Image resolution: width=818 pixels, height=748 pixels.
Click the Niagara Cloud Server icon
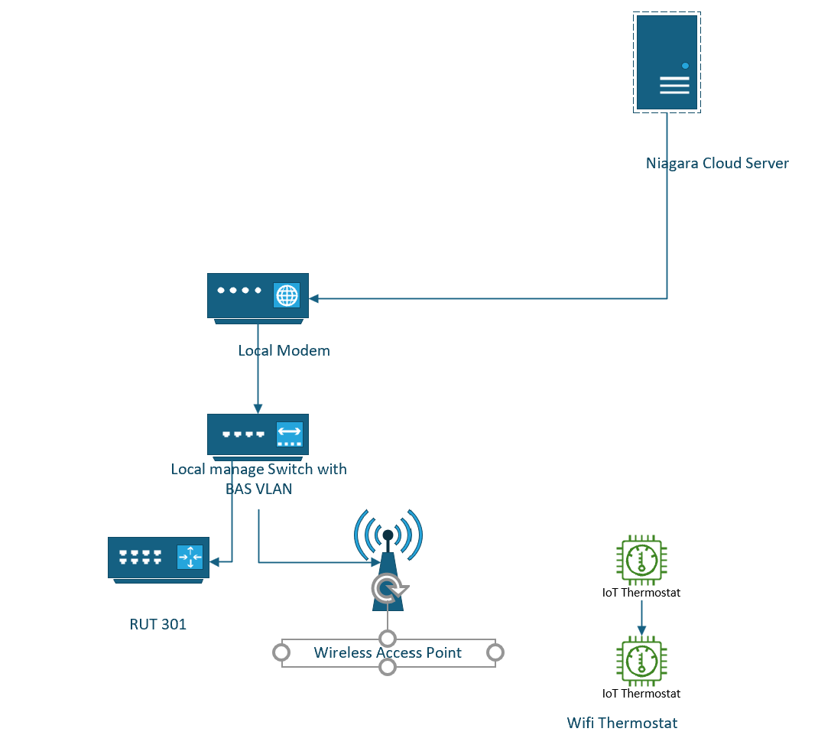click(x=667, y=63)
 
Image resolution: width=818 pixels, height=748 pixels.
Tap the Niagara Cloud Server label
click(x=717, y=163)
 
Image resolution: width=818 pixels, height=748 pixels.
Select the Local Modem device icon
click(x=258, y=297)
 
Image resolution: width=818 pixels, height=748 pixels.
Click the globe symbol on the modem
click(x=287, y=294)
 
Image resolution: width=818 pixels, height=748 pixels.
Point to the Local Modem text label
click(x=284, y=351)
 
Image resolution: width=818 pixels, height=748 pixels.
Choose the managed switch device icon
click(x=258, y=434)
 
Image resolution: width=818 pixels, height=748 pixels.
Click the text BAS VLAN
click(x=258, y=488)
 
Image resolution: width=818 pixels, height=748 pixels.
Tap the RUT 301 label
click(x=157, y=624)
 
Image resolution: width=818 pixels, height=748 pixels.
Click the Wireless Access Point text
click(x=388, y=652)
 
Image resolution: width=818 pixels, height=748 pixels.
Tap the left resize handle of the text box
click(x=281, y=652)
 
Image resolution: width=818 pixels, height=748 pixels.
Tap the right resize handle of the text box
click(x=495, y=652)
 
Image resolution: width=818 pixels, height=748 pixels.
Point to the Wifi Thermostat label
click(x=622, y=723)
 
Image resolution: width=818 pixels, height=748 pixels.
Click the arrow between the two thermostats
click(x=641, y=616)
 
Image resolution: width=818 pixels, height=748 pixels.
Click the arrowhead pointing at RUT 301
click(x=215, y=562)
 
